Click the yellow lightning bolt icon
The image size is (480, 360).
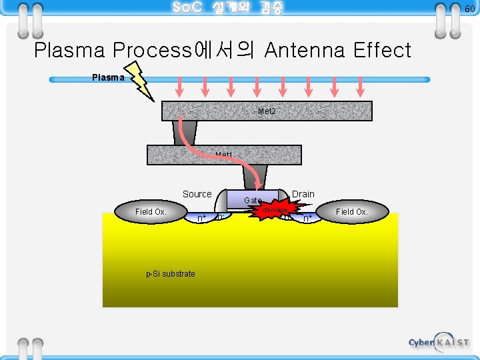click(x=140, y=80)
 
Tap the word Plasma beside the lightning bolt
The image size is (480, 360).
click(x=108, y=77)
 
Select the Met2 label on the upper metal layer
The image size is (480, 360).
click(x=267, y=111)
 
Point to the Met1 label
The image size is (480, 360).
click(x=224, y=155)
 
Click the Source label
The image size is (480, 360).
click(x=197, y=194)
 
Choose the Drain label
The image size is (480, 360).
click(x=303, y=194)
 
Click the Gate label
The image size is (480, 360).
click(x=252, y=200)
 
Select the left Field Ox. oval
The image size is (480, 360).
click(x=151, y=212)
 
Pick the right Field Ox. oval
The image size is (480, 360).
click(x=351, y=212)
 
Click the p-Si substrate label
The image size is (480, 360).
click(x=171, y=274)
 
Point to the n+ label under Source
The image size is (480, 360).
click(x=201, y=218)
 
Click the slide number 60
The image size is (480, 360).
click(x=469, y=8)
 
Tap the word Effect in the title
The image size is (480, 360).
click(x=382, y=50)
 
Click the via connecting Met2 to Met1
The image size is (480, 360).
click(x=185, y=133)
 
